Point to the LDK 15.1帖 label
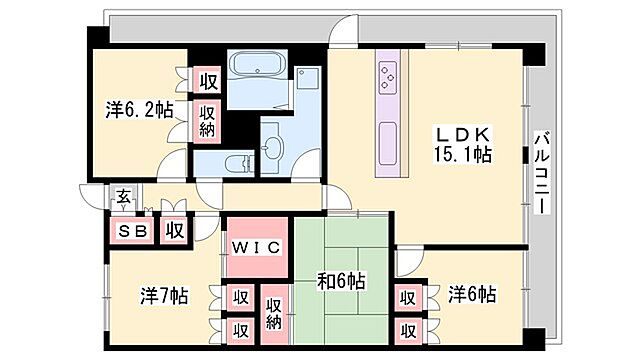pyautogui.click(x=460, y=143)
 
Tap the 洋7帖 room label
pyautogui.click(x=164, y=296)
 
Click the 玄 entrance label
pyautogui.click(x=121, y=199)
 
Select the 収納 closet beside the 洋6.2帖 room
pyautogui.click(x=208, y=122)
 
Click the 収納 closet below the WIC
pyautogui.click(x=274, y=310)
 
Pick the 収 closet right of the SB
pyautogui.click(x=174, y=230)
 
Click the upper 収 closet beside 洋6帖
pyautogui.click(x=407, y=296)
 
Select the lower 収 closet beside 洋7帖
pyautogui.click(x=241, y=329)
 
